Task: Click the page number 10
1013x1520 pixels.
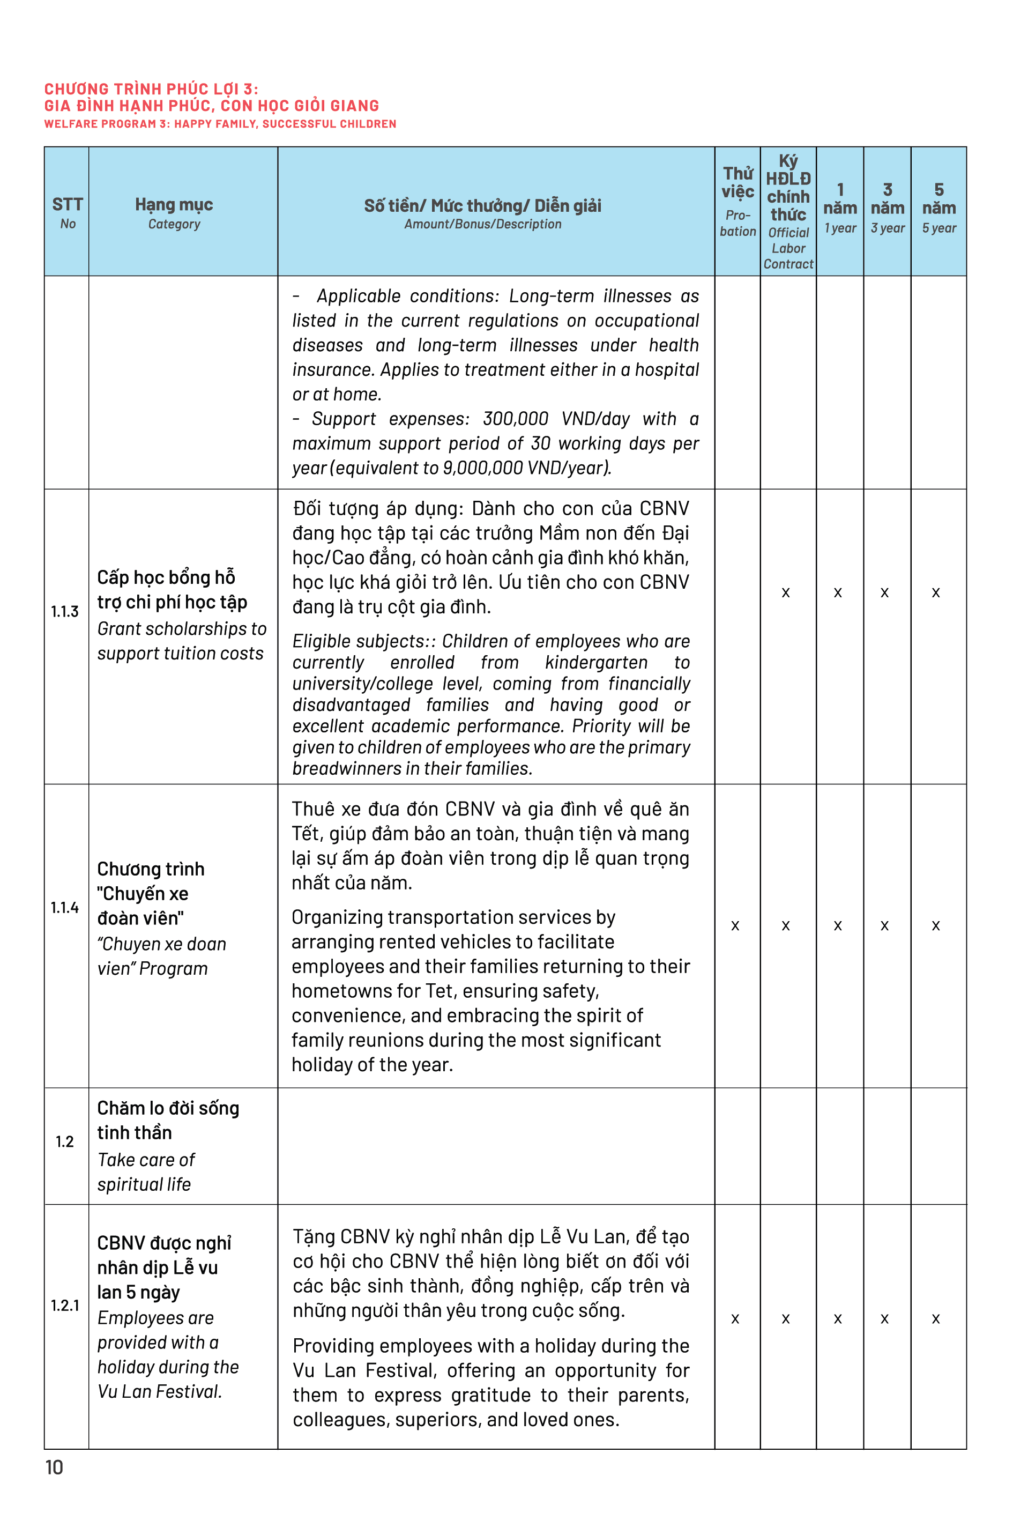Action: click(54, 1467)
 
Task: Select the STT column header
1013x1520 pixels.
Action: click(67, 212)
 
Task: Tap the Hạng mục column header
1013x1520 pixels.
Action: click(174, 212)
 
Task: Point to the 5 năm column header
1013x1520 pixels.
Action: click(938, 207)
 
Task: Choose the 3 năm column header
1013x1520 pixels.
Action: click(887, 207)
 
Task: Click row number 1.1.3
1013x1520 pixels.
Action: click(65, 611)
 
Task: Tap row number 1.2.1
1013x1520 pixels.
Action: click(65, 1305)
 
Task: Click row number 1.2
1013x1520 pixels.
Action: click(65, 1141)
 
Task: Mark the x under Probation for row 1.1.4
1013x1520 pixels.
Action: click(735, 925)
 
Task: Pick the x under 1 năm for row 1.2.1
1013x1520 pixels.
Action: click(838, 1318)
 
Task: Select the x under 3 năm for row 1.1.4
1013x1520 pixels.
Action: click(884, 925)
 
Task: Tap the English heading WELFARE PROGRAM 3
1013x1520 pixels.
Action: click(220, 123)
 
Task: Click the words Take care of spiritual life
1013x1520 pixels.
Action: click(146, 1171)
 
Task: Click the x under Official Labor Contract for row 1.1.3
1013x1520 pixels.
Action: click(786, 592)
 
